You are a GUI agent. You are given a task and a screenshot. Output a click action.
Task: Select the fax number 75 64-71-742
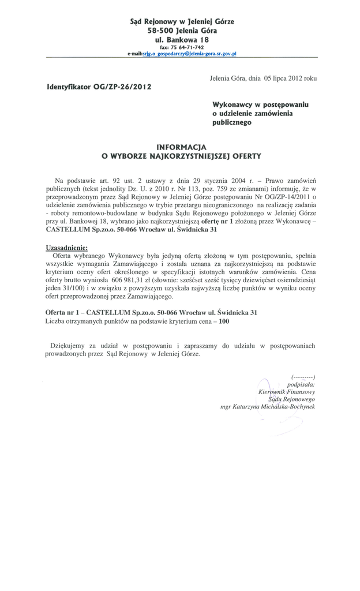click(x=186, y=47)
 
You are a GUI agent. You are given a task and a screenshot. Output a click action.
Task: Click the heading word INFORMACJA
click(x=181, y=147)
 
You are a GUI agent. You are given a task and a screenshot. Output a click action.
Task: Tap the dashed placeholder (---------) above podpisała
click(x=303, y=376)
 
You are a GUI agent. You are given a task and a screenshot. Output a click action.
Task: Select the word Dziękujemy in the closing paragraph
click(x=70, y=346)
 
